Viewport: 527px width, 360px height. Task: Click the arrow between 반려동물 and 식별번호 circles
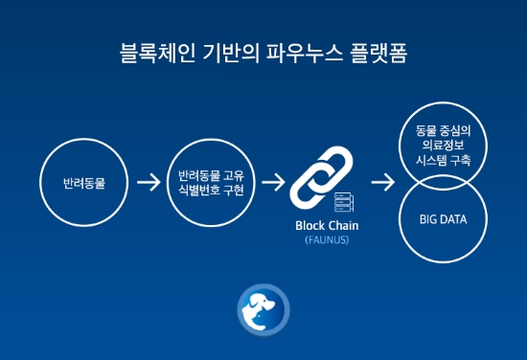click(x=149, y=182)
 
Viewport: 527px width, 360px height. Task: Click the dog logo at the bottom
click(x=262, y=308)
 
